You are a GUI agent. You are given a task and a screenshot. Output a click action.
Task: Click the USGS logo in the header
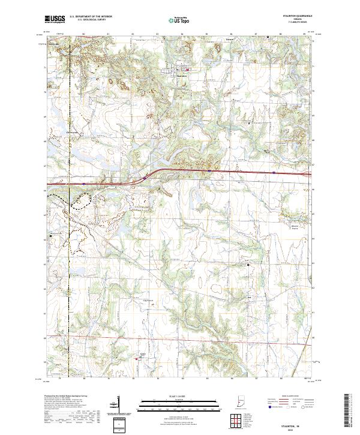(x=55, y=19)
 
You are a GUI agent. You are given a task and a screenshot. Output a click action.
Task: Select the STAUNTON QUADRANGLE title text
(x=292, y=16)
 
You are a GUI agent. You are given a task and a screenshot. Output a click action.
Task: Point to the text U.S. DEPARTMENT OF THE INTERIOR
(x=91, y=16)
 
